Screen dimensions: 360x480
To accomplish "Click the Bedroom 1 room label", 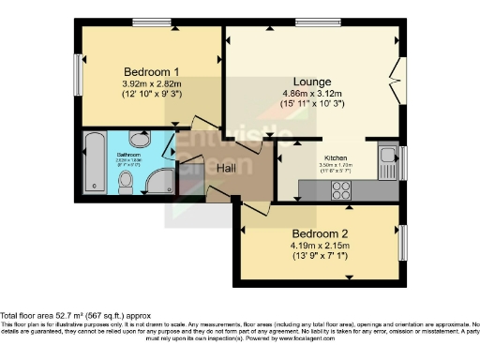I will pyautogui.click(x=149, y=71).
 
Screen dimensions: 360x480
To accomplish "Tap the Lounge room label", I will pyautogui.click(x=312, y=81).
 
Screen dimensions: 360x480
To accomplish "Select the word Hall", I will pyautogui.click(x=226, y=167).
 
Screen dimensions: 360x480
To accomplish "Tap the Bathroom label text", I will pyautogui.click(x=129, y=154).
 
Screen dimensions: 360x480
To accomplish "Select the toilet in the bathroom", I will pyautogui.click(x=138, y=141).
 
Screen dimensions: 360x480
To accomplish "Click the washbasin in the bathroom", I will pyautogui.click(x=127, y=183).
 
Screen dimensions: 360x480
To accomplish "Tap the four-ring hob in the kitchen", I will pyautogui.click(x=339, y=188).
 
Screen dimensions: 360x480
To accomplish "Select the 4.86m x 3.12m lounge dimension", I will pyautogui.click(x=312, y=94).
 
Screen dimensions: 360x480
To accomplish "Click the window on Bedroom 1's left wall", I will pyautogui.click(x=79, y=69).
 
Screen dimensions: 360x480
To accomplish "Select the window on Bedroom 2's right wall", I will pyautogui.click(x=404, y=241).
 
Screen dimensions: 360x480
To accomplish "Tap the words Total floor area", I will pyautogui.click(x=28, y=316).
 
